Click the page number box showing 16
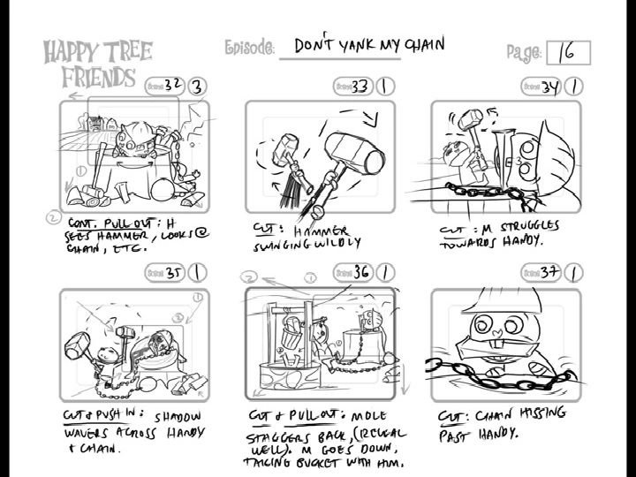point(568,53)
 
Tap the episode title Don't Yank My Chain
point(368,44)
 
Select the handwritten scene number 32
point(172,85)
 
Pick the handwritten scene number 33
point(360,87)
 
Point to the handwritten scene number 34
point(550,87)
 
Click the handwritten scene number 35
point(173,273)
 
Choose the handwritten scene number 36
point(361,271)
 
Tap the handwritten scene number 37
point(550,272)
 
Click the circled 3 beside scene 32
point(197,86)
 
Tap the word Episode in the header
point(249,47)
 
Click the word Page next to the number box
point(524,53)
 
